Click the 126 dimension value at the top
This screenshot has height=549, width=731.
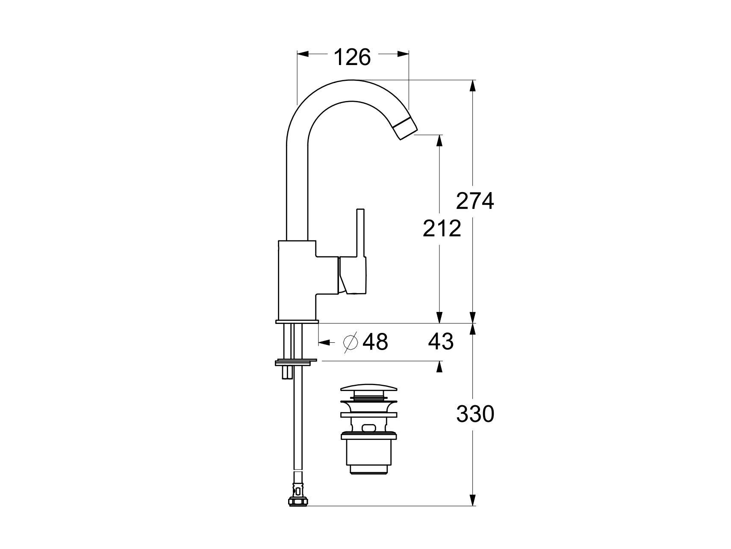click(x=352, y=57)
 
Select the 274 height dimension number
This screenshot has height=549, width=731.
click(x=475, y=201)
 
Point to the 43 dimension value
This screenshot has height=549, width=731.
click(x=440, y=342)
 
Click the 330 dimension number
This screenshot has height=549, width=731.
click(x=475, y=414)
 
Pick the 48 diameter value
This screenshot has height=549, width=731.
click(x=375, y=342)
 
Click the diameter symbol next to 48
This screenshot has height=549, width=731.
click(x=351, y=342)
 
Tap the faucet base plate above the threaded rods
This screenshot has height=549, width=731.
click(x=297, y=321)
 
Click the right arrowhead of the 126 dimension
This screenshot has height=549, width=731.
click(x=404, y=54)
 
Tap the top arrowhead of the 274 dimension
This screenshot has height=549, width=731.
click(x=472, y=86)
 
